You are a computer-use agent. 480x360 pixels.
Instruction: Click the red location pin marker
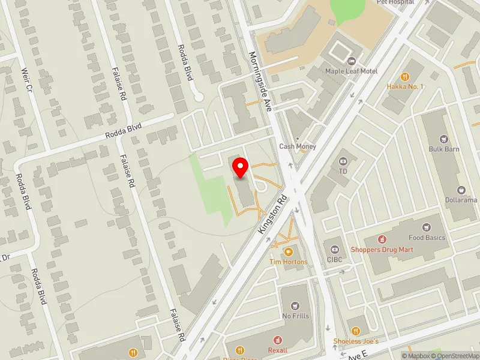coord(241,168)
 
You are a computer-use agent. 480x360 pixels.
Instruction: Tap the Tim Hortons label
coord(288,262)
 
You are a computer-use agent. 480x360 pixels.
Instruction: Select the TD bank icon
coord(343,161)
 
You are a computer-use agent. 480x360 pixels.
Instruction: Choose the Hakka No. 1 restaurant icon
coord(406,77)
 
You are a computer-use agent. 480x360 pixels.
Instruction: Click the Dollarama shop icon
coord(461,190)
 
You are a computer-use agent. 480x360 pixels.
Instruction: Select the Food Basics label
coord(427,238)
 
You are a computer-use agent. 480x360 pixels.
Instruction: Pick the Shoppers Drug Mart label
coord(391,250)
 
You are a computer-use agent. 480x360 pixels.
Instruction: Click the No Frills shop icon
coord(294,306)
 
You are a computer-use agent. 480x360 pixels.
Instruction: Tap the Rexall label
coord(278,350)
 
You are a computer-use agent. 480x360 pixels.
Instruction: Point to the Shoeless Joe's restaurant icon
coord(355,331)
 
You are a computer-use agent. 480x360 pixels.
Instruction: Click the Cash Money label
coord(298,146)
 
